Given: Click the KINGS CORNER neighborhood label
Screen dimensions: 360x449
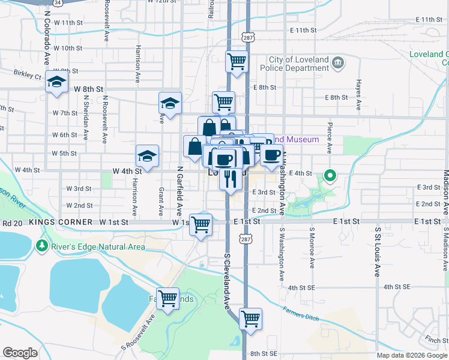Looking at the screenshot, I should coord(61,222).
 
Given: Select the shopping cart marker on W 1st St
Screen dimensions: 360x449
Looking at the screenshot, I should coord(201,224).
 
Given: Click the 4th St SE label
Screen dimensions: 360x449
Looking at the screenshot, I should coord(302,288).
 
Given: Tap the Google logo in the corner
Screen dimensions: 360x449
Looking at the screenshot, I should coord(20,353).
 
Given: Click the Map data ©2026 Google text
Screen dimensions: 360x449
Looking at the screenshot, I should coord(411,355).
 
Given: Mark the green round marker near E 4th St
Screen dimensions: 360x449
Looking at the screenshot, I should coord(330,176).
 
